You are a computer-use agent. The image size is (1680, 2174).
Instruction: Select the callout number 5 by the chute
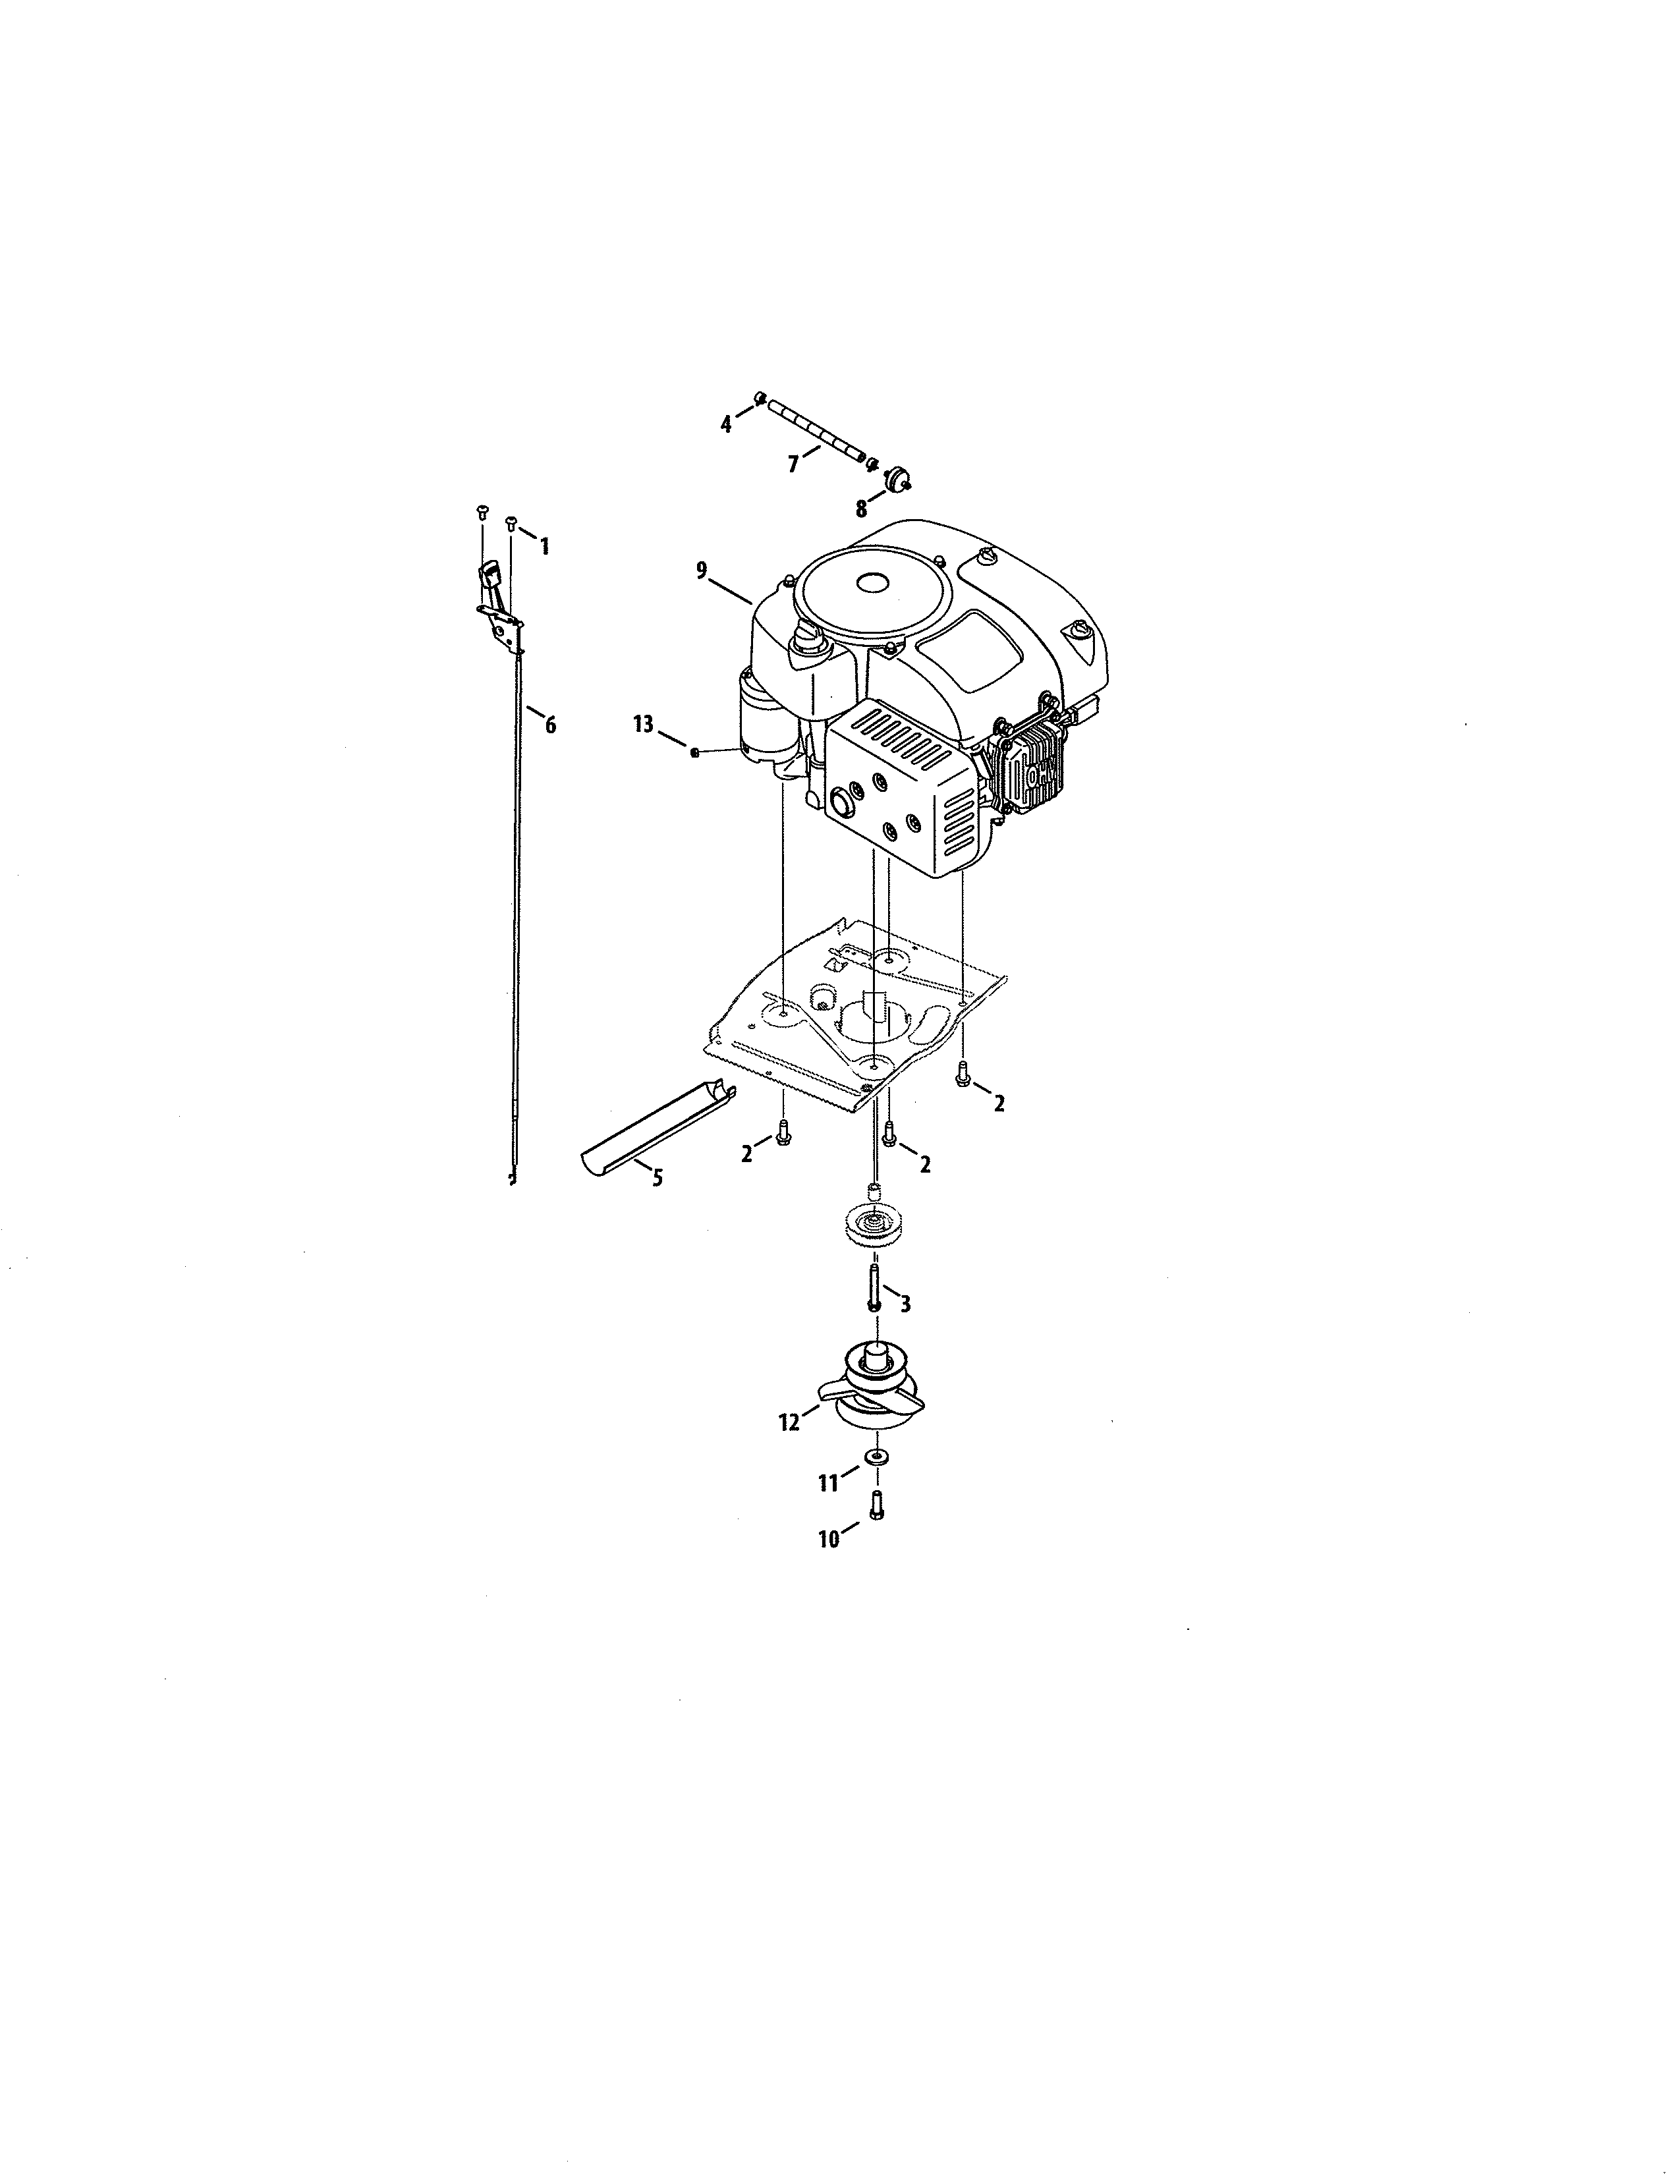tap(657, 1179)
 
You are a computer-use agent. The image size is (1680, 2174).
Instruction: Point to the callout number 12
tap(789, 1422)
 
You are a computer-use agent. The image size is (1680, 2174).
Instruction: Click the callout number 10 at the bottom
tap(829, 1539)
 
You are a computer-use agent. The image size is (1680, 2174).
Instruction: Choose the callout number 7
tap(793, 464)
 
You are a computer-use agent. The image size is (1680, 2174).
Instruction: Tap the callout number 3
tap(905, 1304)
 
